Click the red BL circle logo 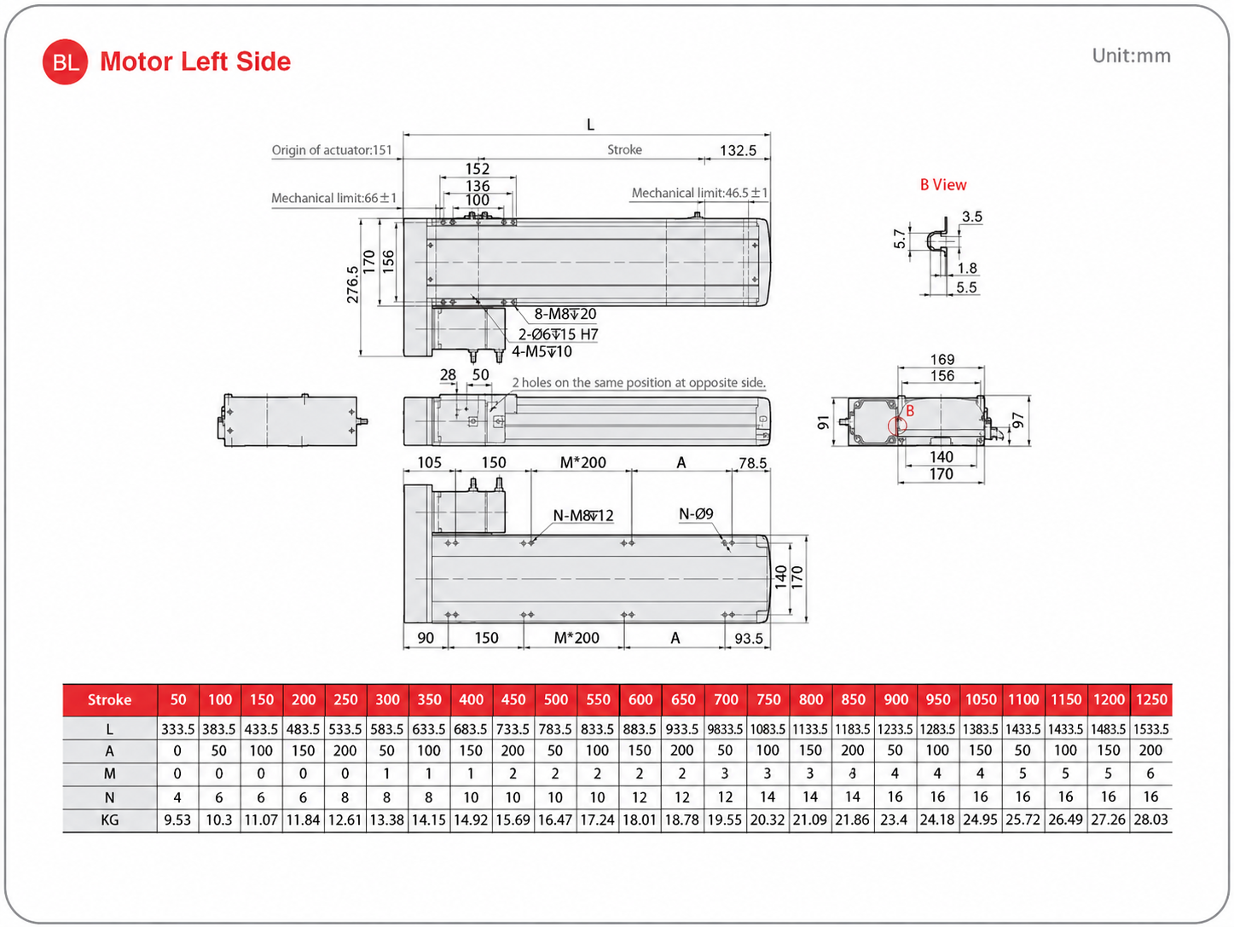(65, 62)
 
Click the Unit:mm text (1131, 55)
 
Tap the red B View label (943, 185)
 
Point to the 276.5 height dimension (352, 285)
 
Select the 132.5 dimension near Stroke (738, 151)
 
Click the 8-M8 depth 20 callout (565, 314)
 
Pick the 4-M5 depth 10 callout (542, 352)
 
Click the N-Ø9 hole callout (696, 513)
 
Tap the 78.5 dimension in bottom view (752, 463)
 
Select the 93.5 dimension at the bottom (748, 639)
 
